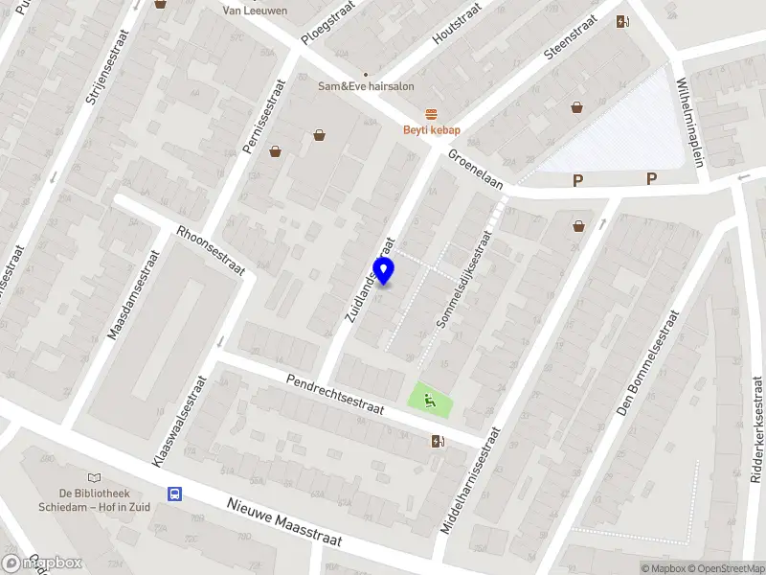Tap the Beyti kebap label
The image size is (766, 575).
pos(432,130)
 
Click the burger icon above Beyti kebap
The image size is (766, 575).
pos(432,114)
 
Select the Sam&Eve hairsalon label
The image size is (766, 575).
pos(366,86)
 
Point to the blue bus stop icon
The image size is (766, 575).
pos(175,494)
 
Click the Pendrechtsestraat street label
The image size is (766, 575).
pos(335,395)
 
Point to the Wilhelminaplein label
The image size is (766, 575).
pos(690,123)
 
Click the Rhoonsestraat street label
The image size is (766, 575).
pos(211,251)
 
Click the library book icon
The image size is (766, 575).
pos(93,477)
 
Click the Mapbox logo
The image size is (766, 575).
pos(43,563)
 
